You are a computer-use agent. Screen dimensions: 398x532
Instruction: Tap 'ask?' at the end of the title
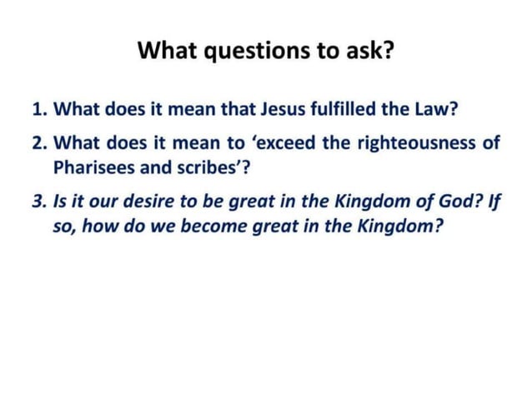point(372,52)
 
